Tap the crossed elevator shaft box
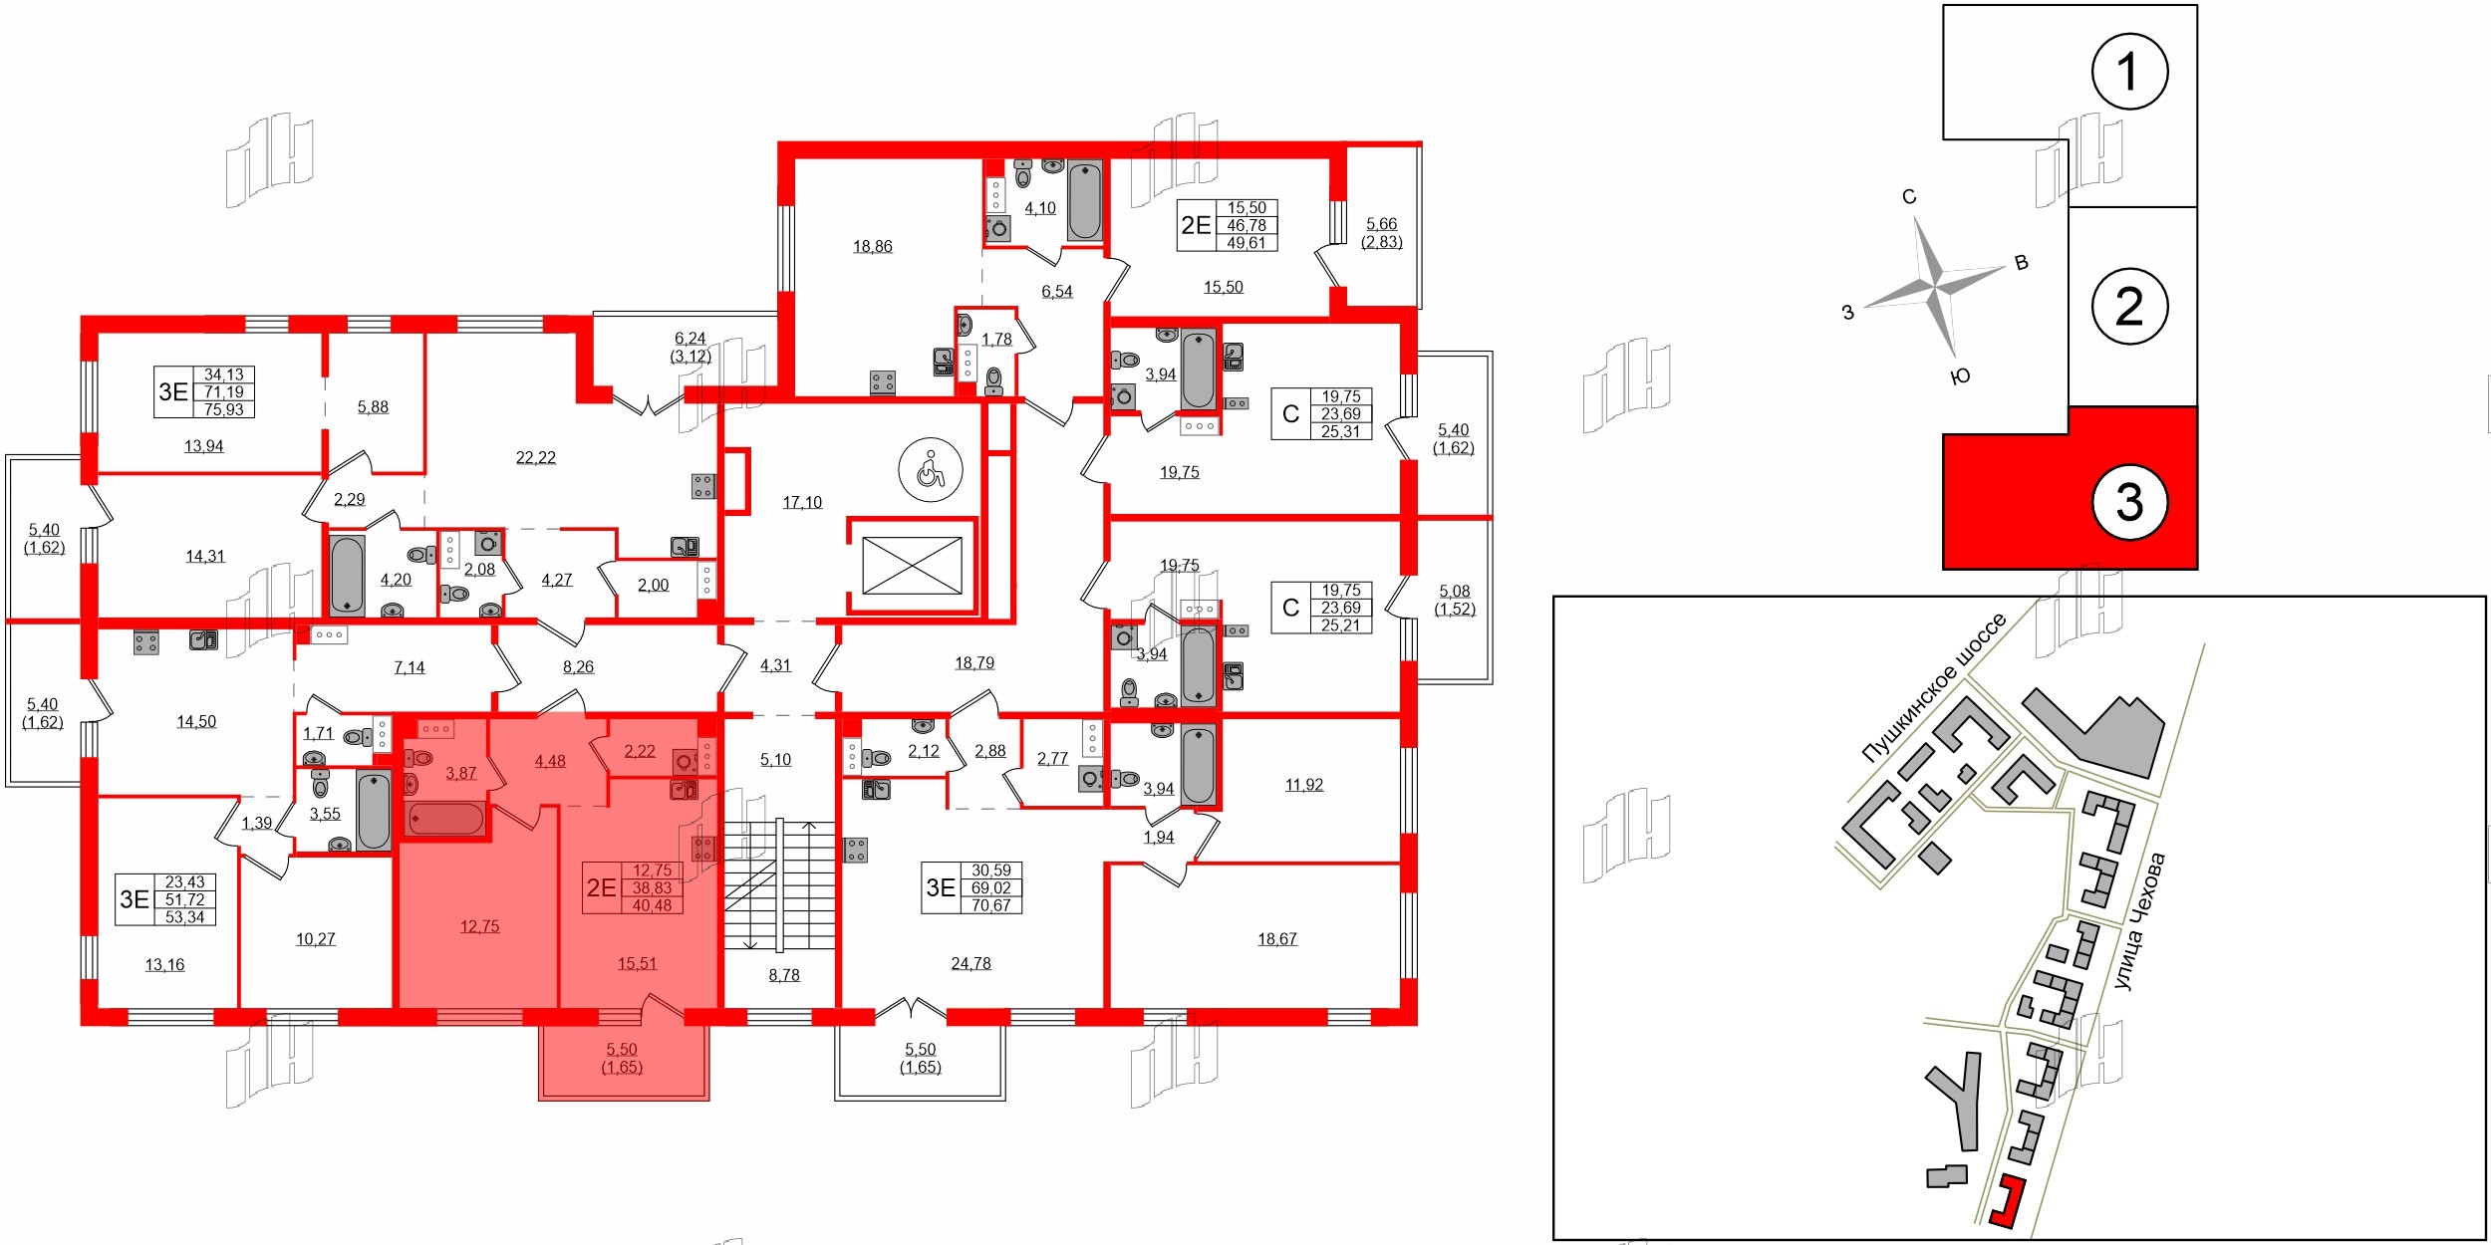coord(912,565)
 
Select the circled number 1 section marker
coord(2129,71)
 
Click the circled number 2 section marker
coord(2129,306)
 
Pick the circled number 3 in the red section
coord(2129,502)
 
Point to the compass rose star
coord(1935,288)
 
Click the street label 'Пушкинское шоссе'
coord(1933,688)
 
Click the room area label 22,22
coord(536,458)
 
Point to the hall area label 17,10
coord(802,503)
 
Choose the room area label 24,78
coord(970,963)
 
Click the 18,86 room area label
coord(873,247)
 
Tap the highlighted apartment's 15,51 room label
coord(637,963)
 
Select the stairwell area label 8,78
coord(784,975)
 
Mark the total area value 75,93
coord(224,409)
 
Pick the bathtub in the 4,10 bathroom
coord(1085,200)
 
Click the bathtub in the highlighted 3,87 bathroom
coord(445,820)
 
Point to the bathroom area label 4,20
coord(396,580)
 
